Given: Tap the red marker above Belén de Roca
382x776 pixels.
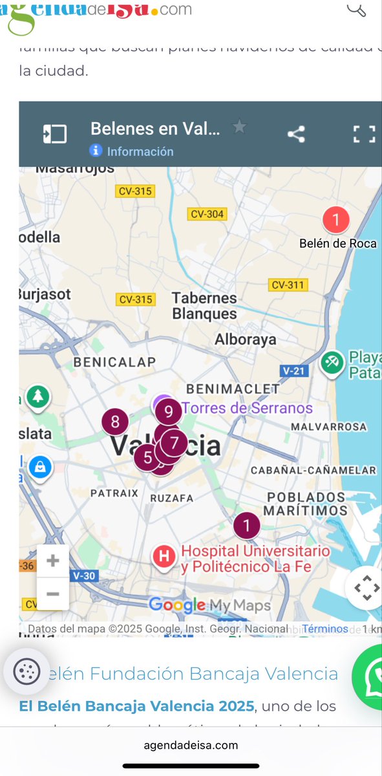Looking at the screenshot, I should point(335,220).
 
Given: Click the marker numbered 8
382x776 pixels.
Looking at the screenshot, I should point(115,422).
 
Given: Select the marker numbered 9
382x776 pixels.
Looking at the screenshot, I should point(169,411).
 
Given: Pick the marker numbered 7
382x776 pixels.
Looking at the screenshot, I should point(174,443).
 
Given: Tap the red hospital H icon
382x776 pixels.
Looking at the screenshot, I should point(165,555).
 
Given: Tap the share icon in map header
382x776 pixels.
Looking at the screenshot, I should point(296,135).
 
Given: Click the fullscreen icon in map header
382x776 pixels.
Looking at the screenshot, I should point(364,135).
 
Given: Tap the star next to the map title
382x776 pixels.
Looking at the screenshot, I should point(240,127).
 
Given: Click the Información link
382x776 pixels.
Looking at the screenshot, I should point(140,151).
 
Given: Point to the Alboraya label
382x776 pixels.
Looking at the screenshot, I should point(245,339).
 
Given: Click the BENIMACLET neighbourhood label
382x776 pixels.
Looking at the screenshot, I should point(233,389).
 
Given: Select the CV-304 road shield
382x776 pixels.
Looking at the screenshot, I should point(207,214).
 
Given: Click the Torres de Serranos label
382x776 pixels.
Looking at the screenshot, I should point(247,408).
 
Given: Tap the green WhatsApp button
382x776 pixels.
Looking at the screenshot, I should point(371,676).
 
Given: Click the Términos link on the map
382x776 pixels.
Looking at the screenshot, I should point(325,629).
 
